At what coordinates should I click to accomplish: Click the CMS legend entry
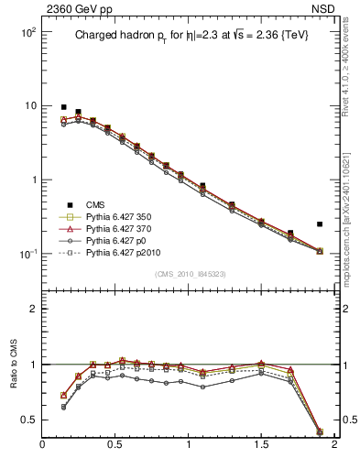point(97,204)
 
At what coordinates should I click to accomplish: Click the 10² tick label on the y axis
point(27,32)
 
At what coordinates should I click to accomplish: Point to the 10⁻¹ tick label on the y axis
point(27,254)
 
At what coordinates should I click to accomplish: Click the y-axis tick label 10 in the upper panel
point(30,106)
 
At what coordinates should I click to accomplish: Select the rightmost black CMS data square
point(320,224)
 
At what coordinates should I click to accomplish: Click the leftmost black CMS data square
point(63,107)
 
